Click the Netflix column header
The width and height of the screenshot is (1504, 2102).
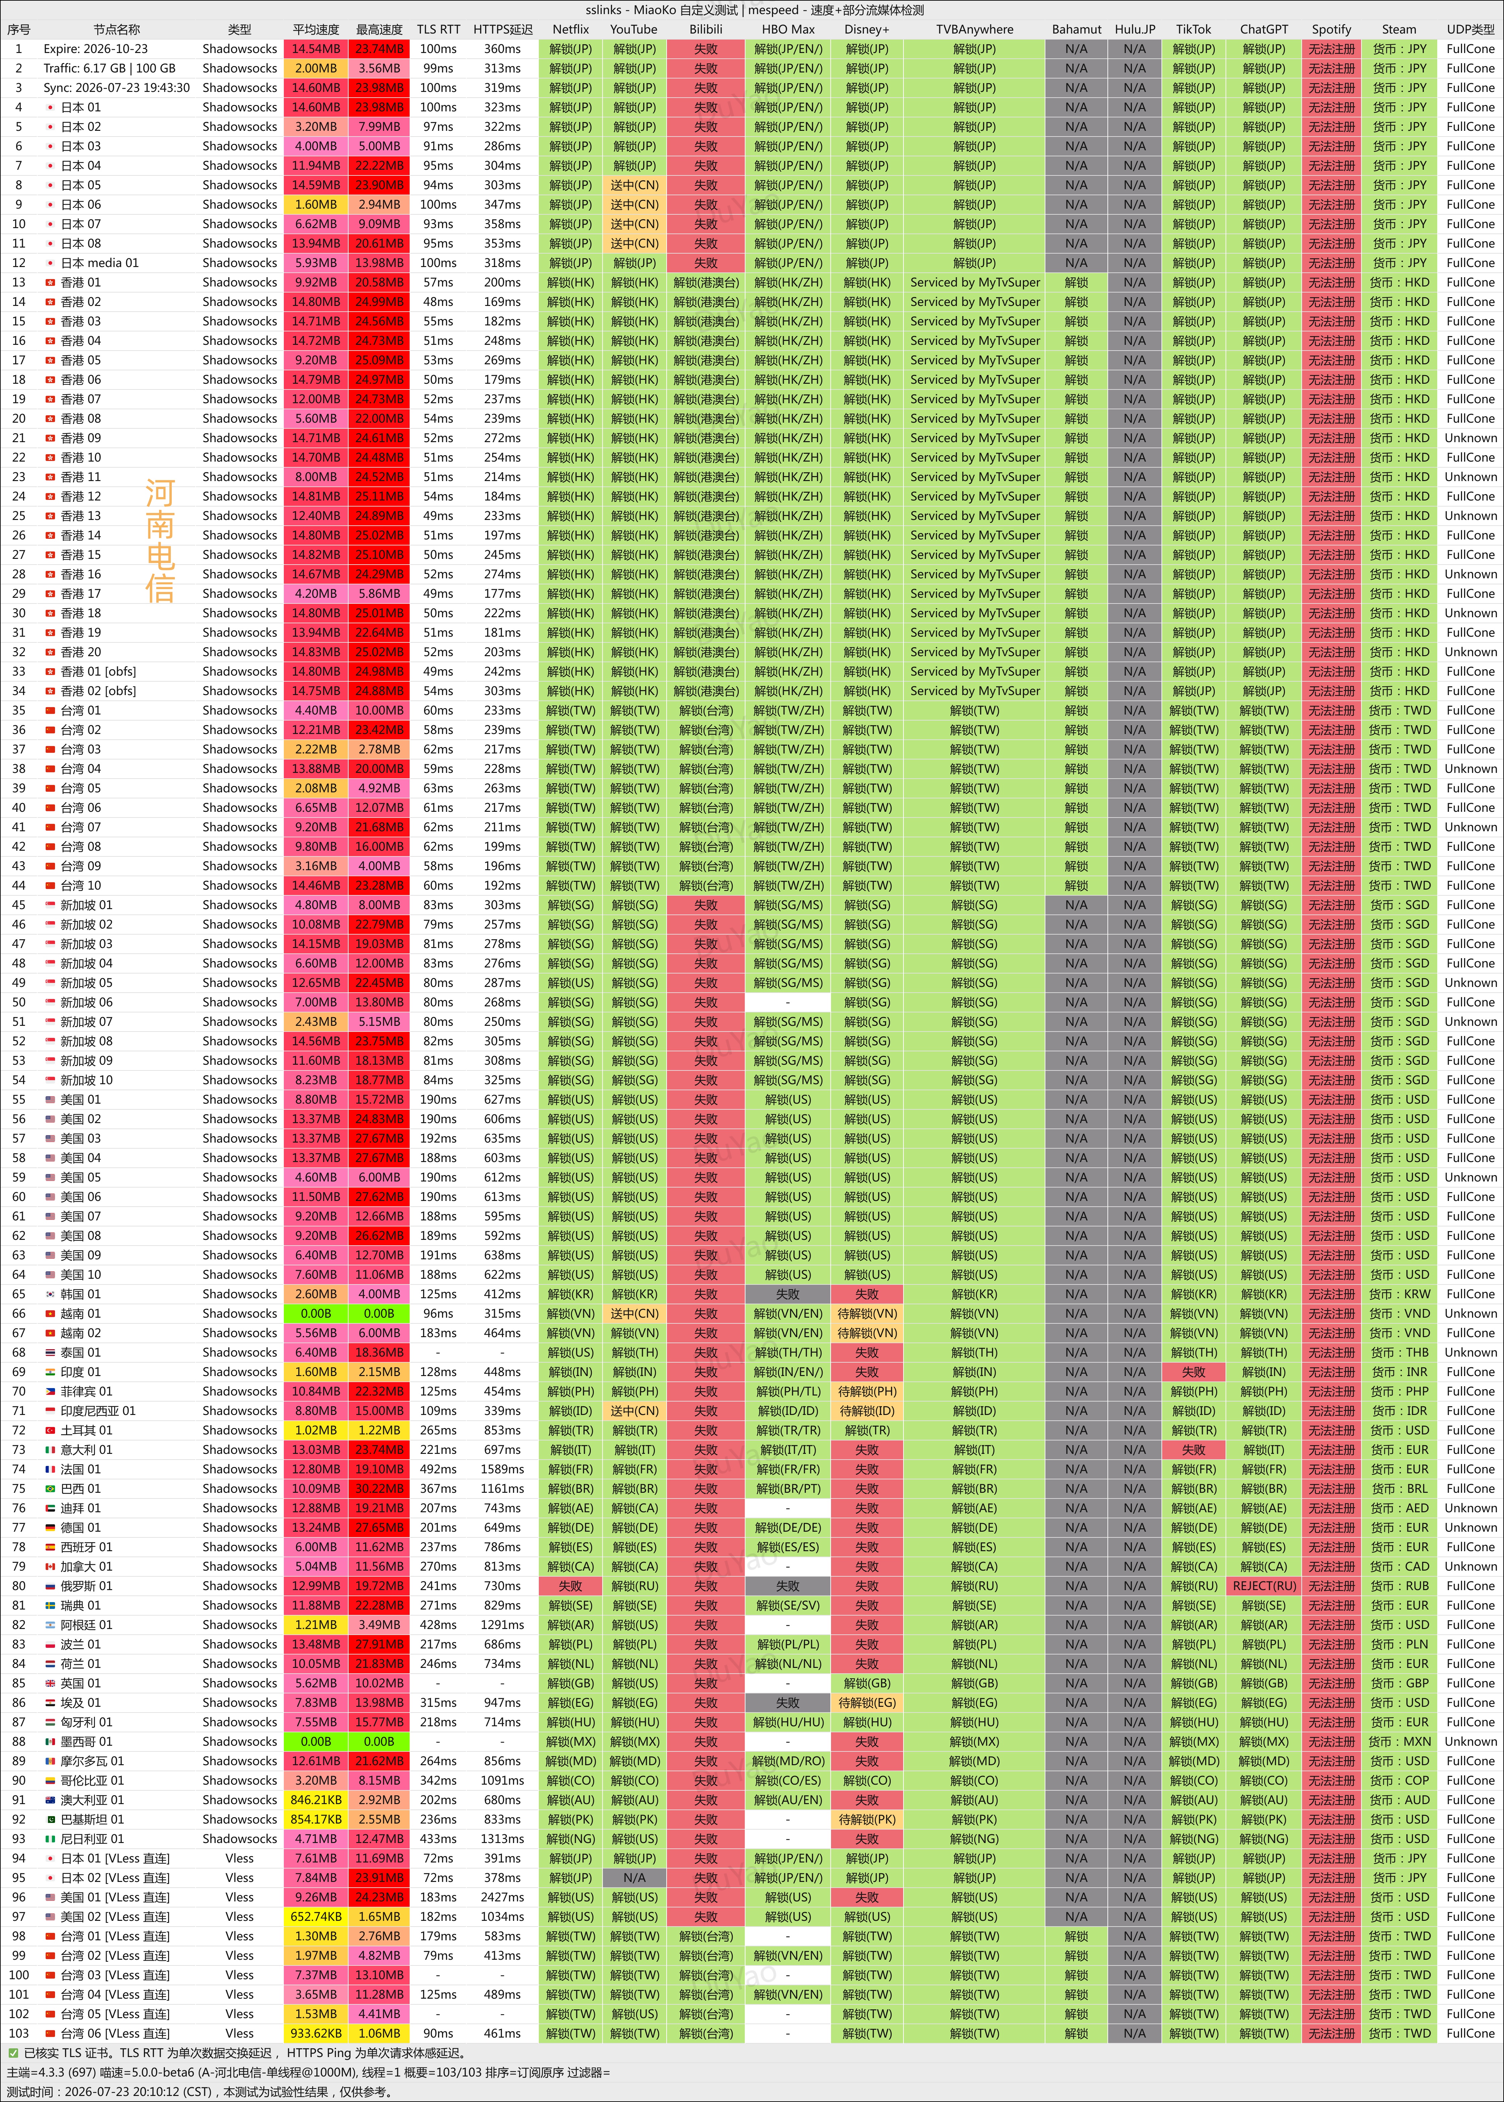pos(570,30)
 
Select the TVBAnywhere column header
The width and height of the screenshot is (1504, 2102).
pos(974,30)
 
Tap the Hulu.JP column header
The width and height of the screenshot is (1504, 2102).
pos(1135,30)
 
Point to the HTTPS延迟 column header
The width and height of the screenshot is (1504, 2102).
pos(503,30)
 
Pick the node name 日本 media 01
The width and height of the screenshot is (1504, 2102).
pos(100,263)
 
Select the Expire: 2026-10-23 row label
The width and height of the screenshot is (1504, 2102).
pos(95,49)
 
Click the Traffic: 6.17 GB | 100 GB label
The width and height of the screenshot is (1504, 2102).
pos(109,68)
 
